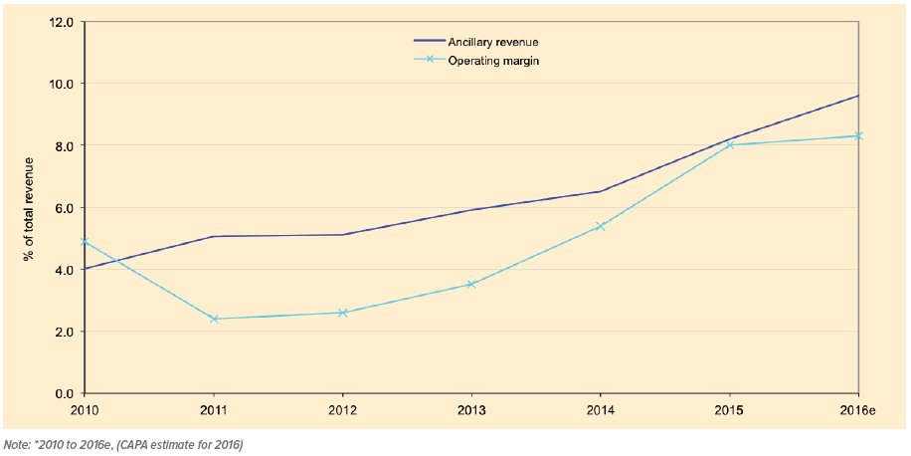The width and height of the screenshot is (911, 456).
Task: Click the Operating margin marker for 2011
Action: (x=214, y=319)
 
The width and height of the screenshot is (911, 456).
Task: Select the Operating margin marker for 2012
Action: (x=343, y=313)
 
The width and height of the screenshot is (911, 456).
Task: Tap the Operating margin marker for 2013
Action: (x=471, y=284)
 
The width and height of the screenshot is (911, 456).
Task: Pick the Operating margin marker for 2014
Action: (x=601, y=226)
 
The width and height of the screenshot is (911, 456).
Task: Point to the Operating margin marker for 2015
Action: (x=730, y=144)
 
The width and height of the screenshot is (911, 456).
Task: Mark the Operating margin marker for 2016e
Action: (x=858, y=135)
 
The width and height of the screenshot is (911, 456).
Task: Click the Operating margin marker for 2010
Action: (x=86, y=241)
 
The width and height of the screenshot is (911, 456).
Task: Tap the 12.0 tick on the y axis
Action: (x=63, y=21)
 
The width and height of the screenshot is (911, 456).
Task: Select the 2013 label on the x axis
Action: (x=471, y=410)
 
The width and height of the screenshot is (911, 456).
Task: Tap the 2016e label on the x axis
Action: (x=857, y=410)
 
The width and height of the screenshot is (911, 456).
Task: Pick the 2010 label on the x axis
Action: (x=86, y=410)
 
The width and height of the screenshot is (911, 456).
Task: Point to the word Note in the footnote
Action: (x=16, y=444)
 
